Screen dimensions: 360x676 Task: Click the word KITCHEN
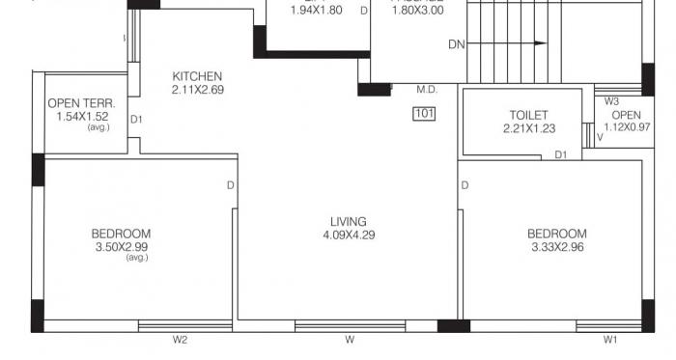[197, 77]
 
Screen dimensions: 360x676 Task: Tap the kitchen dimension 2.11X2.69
[197, 91]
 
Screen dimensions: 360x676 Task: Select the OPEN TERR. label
[82, 103]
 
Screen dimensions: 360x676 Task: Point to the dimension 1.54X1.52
[82, 117]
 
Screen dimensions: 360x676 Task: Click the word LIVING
[348, 221]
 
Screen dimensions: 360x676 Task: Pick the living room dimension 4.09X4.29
[348, 235]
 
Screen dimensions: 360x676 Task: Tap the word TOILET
[527, 115]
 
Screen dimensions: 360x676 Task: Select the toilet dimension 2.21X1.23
[527, 128]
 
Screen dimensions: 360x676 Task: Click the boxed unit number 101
[424, 114]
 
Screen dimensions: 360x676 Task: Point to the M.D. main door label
[427, 90]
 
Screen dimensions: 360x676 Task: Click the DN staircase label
[458, 44]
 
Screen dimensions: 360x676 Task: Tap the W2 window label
[180, 340]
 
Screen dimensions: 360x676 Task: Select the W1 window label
[610, 340]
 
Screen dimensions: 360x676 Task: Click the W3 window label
[611, 100]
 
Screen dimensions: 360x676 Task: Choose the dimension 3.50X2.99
[122, 247]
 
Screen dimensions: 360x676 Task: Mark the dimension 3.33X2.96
[556, 247]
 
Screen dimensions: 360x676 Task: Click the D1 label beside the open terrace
[136, 120]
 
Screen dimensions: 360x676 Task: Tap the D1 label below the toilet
[561, 154]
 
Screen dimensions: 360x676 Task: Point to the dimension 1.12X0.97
[627, 127]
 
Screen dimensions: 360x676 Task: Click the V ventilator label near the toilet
[600, 137]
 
